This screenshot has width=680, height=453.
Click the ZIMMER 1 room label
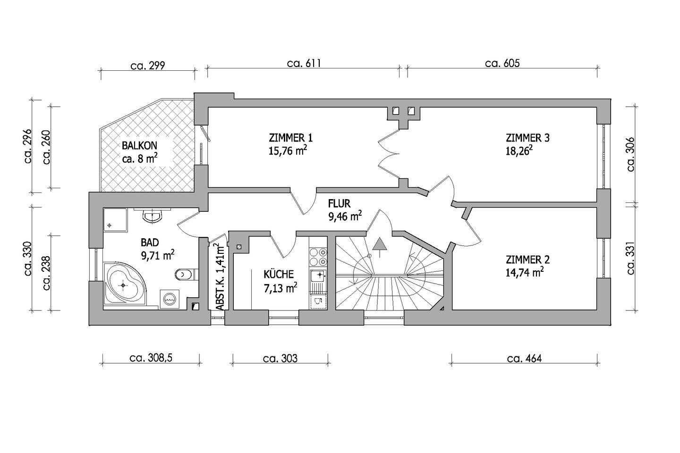[290, 138]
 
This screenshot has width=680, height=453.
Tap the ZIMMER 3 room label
[527, 138]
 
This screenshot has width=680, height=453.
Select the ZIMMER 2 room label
[527, 260]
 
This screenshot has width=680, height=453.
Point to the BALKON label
[139, 145]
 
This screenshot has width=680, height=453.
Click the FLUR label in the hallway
[340, 204]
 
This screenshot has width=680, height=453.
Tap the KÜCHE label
[279, 274]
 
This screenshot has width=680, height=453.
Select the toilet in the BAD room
[182, 274]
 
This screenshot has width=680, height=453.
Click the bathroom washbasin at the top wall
[152, 217]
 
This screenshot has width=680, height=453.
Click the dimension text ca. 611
[304, 63]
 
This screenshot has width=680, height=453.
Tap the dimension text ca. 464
[524, 358]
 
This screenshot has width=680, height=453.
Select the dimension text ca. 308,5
[151, 358]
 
